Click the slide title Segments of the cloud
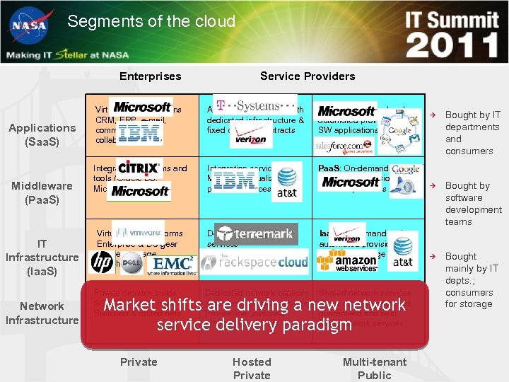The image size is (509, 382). click(x=151, y=21)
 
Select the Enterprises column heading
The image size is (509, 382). click(x=150, y=76)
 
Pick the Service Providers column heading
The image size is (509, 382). click(x=308, y=76)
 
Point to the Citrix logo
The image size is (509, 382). click(x=139, y=168)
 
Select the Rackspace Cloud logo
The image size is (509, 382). click(x=255, y=262)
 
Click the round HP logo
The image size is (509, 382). click(x=103, y=263)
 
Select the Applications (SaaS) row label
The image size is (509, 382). click(x=42, y=134)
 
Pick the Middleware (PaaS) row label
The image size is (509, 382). click(x=42, y=192)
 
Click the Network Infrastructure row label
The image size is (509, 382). click(x=42, y=313)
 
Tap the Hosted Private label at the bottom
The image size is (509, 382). click(x=252, y=368)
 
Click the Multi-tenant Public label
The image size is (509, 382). click(x=375, y=368)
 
